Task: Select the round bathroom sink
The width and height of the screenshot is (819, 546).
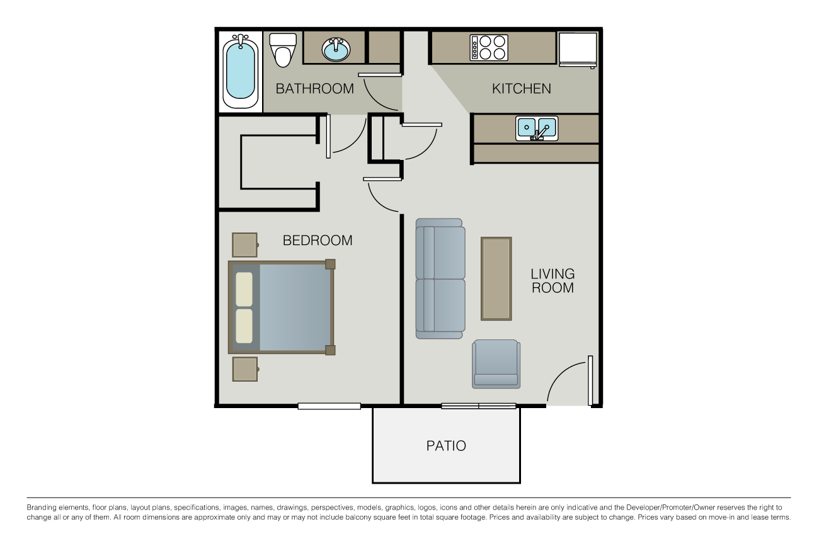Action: coord(336,49)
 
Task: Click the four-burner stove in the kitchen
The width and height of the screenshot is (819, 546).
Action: coord(489,47)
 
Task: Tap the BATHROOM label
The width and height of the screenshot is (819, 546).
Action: coord(314,89)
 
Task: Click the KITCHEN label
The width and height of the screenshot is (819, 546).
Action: coord(521,89)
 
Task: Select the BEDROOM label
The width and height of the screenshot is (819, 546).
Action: coord(317,241)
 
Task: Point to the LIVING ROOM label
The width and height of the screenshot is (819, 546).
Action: coord(553,281)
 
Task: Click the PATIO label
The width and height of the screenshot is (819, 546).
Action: coord(446,446)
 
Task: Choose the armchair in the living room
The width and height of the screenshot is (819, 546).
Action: coord(496,364)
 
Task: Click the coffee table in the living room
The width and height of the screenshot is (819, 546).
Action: coord(496,278)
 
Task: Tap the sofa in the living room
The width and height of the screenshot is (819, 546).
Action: coord(440,278)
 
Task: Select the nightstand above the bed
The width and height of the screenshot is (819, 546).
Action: coord(244,245)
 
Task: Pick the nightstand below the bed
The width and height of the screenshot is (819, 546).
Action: coord(244,369)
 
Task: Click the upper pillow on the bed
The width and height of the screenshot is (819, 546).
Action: coord(244,289)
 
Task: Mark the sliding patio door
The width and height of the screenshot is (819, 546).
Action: coord(479,406)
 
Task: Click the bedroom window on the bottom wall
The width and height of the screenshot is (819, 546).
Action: coord(329,406)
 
